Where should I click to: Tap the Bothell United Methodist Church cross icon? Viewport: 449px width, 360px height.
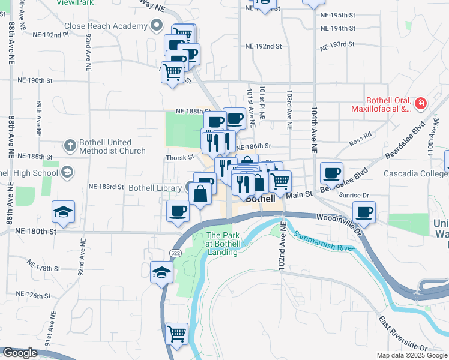tap(70, 145)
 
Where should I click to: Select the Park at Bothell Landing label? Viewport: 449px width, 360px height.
tap(223, 244)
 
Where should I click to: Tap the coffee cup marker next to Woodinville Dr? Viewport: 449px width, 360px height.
tap(364, 212)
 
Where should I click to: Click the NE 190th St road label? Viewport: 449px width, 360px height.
tap(35, 80)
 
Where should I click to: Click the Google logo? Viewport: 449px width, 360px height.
tap(20, 353)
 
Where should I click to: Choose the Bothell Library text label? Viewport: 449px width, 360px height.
tap(155, 188)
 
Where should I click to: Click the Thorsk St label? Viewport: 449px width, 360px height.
tap(181, 158)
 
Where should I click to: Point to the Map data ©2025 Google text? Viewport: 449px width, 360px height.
tap(411, 355)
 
